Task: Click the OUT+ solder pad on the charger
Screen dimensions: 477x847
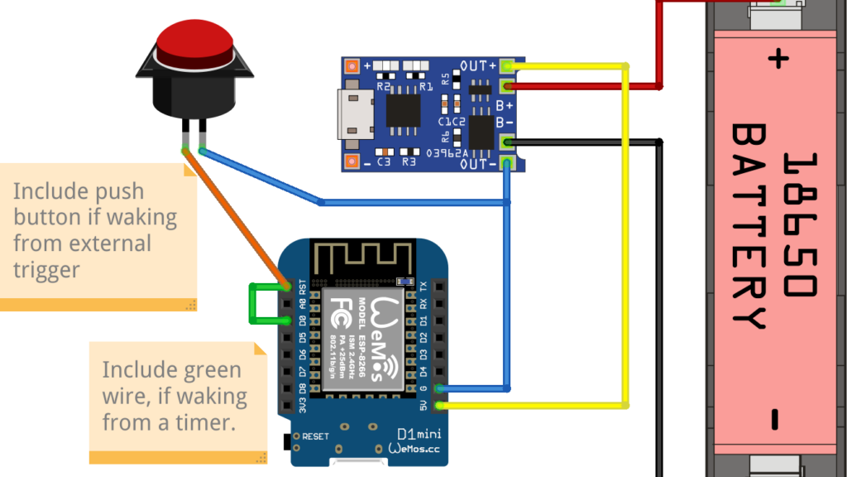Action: [x=508, y=65]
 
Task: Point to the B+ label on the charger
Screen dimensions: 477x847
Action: [x=504, y=106]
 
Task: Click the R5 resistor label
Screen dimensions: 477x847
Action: [x=446, y=79]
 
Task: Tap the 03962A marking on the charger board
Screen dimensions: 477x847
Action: [x=447, y=152]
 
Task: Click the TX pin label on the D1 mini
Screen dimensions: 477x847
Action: [x=423, y=287]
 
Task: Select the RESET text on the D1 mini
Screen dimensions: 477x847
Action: [x=316, y=436]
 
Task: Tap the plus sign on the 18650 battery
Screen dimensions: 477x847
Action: [x=776, y=59]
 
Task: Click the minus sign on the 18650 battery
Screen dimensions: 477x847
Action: [x=774, y=420]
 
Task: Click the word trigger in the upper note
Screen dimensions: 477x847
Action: [x=46, y=269]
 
